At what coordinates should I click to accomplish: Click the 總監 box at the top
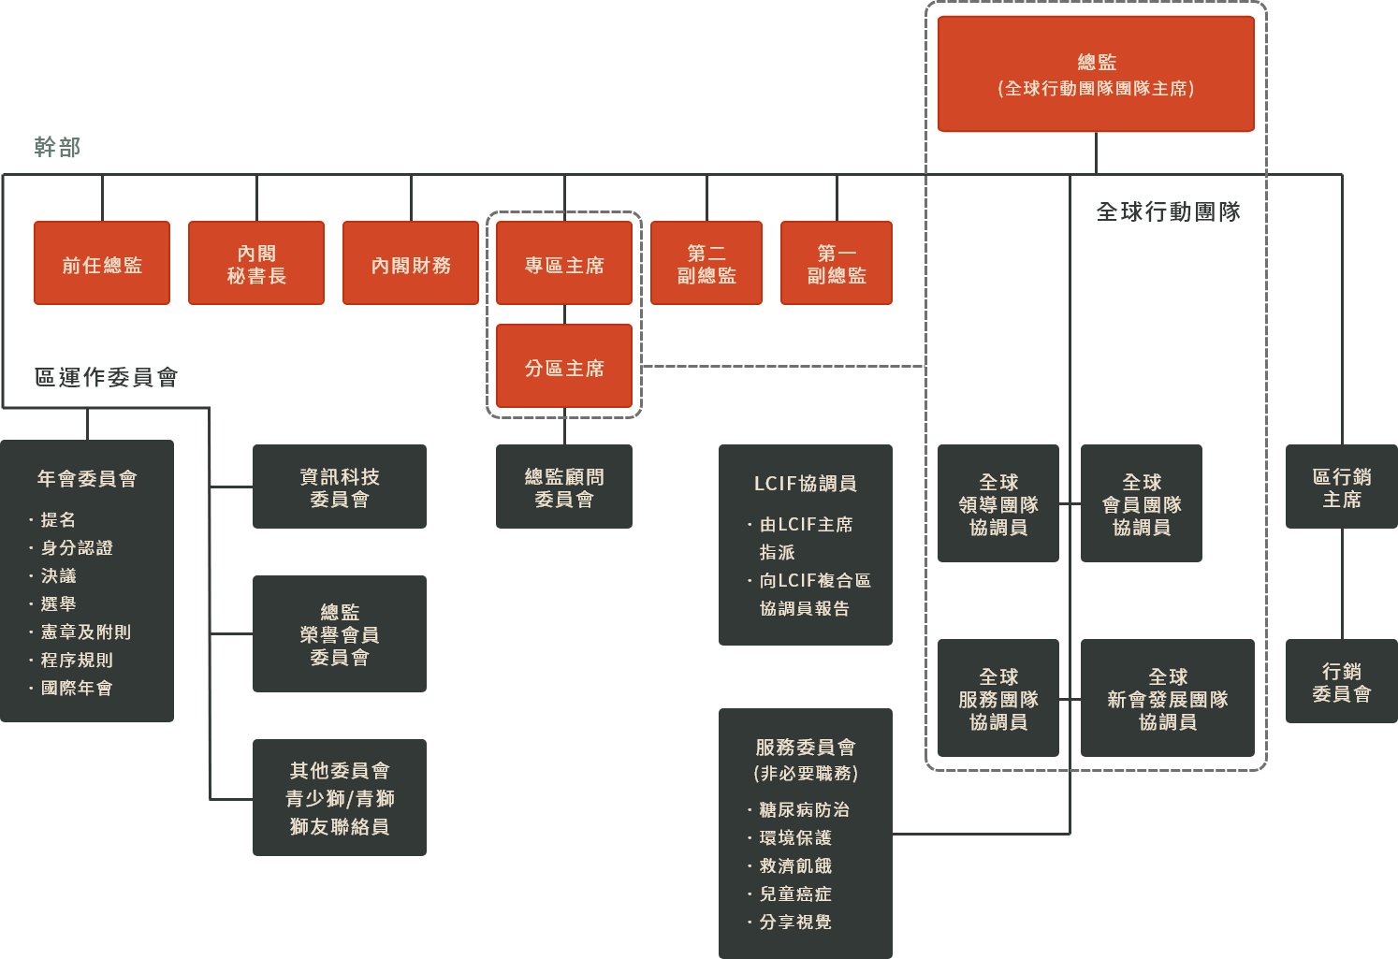pyautogui.click(x=1096, y=75)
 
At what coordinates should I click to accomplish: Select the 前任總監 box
pyautogui.click(x=102, y=264)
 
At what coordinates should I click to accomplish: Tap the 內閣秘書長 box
pyautogui.click(x=256, y=264)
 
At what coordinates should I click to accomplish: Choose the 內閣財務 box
pyautogui.click(x=411, y=264)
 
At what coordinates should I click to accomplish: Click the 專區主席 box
pyautogui.click(x=564, y=264)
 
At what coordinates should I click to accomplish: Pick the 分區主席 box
pyautogui.click(x=564, y=367)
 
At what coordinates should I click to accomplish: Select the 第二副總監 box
pyautogui.click(x=706, y=264)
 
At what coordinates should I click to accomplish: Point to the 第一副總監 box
pyautogui.click(x=837, y=264)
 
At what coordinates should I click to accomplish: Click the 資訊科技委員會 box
pyautogui.click(x=340, y=487)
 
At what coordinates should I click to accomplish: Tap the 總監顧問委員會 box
pyautogui.click(x=564, y=487)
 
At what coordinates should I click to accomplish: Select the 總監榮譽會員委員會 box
pyautogui.click(x=340, y=634)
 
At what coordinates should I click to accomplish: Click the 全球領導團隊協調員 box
pyautogui.click(x=998, y=504)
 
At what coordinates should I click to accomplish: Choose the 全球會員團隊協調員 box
pyautogui.click(x=1142, y=504)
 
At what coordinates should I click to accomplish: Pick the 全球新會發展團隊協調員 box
pyautogui.click(x=1168, y=699)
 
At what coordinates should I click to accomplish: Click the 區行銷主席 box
pyautogui.click(x=1342, y=487)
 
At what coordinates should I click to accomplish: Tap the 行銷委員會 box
pyautogui.click(x=1342, y=682)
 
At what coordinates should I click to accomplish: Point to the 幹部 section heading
pyautogui.click(x=58, y=147)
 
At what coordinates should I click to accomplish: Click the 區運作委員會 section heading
pyautogui.click(x=107, y=377)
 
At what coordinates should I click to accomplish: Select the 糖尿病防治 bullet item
pyautogui.click(x=804, y=810)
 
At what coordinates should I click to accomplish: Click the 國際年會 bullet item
pyautogui.click(x=76, y=689)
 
